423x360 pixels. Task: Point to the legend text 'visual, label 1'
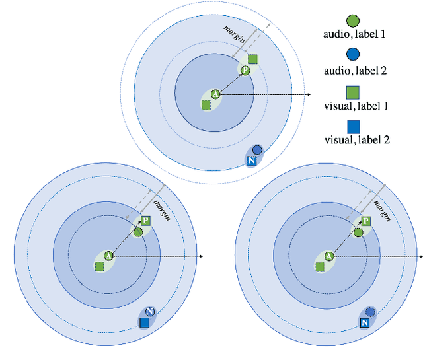(354, 106)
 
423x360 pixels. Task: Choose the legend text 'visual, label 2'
(354, 141)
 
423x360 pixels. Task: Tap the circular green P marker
(245, 70)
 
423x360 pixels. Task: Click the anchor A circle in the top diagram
(215, 95)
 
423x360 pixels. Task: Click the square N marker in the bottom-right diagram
(364, 322)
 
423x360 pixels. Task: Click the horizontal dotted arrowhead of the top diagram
(308, 95)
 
